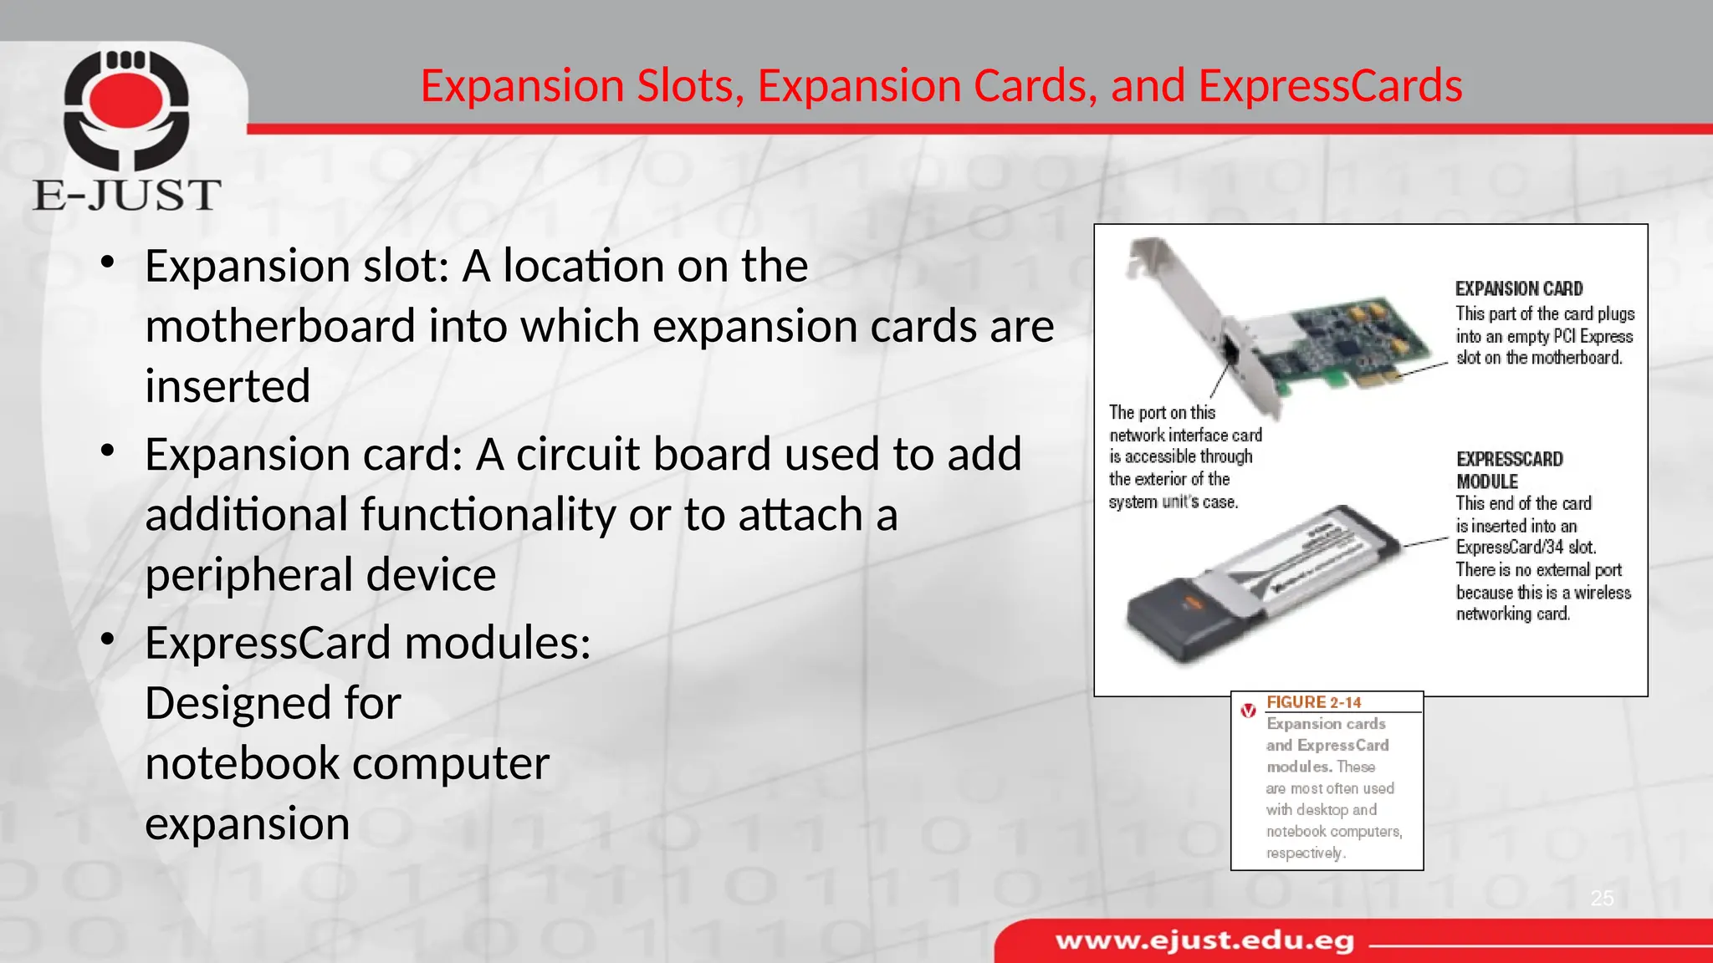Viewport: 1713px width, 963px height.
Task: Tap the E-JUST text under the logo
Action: click(127, 195)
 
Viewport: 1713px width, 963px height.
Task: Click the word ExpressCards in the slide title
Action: click(1330, 86)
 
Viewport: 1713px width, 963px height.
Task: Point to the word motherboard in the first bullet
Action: click(279, 326)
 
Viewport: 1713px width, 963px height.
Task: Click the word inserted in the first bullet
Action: click(228, 386)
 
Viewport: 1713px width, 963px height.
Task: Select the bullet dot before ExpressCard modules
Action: click(107, 639)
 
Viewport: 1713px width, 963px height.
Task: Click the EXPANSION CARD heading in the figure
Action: click(1519, 289)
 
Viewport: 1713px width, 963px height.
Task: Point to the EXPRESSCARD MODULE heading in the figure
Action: click(1509, 470)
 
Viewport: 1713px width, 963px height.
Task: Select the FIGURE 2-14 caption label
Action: click(1313, 703)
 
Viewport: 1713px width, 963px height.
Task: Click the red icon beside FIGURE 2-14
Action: click(1248, 711)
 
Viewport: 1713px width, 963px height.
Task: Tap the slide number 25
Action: click(1602, 899)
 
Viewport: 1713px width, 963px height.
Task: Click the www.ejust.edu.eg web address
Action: click(1204, 941)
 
